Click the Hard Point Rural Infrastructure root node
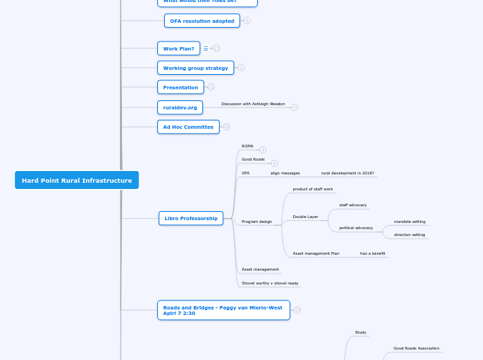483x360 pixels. click(x=76, y=180)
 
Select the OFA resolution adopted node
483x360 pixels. click(x=202, y=21)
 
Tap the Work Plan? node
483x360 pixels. click(x=178, y=48)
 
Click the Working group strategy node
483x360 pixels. click(x=195, y=68)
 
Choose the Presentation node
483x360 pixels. click(x=180, y=87)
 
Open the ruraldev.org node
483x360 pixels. click(x=179, y=107)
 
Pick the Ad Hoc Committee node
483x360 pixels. click(x=188, y=127)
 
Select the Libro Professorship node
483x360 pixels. click(x=191, y=218)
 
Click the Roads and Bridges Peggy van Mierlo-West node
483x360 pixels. click(x=223, y=310)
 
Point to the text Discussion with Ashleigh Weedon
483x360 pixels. click(x=253, y=104)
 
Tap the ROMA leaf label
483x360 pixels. click(x=247, y=146)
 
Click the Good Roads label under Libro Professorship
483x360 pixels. click(x=253, y=159)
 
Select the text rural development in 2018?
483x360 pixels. click(x=347, y=173)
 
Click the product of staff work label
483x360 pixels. click(x=313, y=189)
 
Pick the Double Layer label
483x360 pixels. click(x=305, y=217)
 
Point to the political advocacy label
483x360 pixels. click(x=355, y=228)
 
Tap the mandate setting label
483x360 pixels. click(x=410, y=222)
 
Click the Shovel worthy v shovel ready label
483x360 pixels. click(x=270, y=283)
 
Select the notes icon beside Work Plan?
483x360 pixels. click(x=206, y=48)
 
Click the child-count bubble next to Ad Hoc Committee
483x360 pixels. click(x=227, y=127)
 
